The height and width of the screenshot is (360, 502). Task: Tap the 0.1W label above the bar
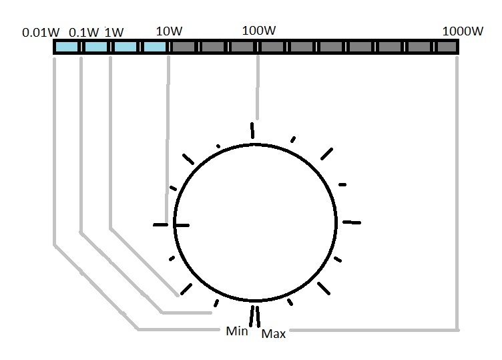coord(84,32)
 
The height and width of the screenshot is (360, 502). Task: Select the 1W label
coord(115,31)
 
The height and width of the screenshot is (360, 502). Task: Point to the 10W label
coord(168,31)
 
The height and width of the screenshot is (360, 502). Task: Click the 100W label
coord(259,30)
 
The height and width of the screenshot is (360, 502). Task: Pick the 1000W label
coord(463,31)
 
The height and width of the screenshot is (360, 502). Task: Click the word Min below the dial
coord(237,331)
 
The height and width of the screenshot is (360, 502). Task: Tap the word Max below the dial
coord(273,333)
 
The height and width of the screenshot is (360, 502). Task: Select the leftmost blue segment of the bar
coord(67,47)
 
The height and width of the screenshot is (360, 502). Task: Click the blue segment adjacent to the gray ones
coord(155,47)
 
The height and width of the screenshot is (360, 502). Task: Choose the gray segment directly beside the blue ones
coord(184,47)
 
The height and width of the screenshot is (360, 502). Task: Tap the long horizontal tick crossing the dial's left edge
coord(171,225)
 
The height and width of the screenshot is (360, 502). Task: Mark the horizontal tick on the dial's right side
coord(351,222)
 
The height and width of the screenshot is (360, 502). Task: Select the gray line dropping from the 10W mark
coord(168,134)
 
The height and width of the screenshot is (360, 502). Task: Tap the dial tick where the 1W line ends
coord(185,289)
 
